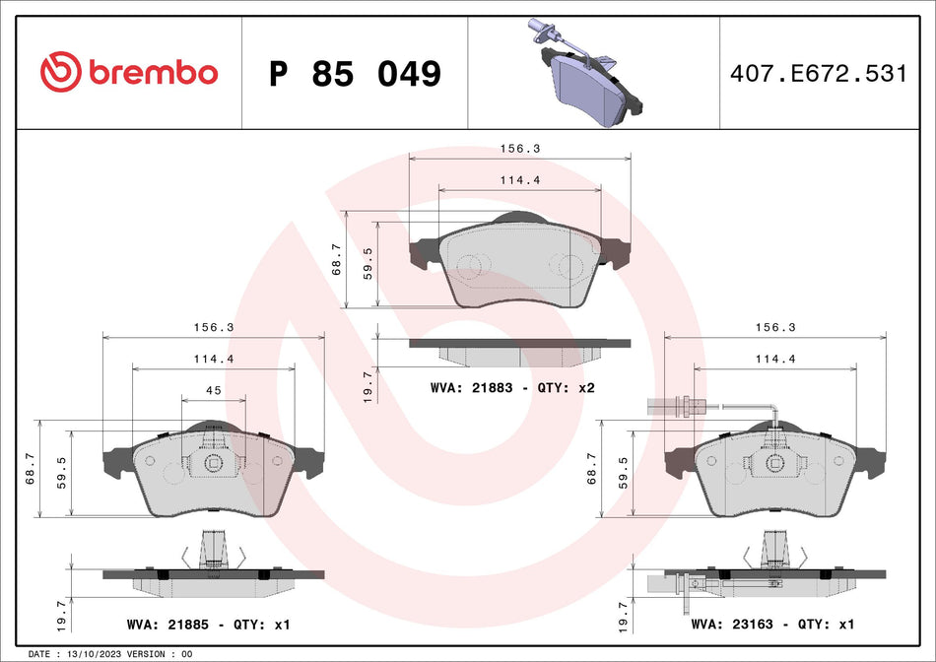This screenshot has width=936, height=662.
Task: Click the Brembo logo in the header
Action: [x=129, y=72]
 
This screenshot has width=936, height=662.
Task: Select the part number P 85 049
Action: [x=355, y=74]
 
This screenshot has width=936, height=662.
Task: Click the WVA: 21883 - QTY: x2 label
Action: [x=512, y=388]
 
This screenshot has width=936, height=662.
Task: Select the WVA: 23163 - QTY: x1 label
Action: [x=771, y=625]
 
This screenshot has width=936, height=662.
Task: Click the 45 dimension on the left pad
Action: [x=213, y=390]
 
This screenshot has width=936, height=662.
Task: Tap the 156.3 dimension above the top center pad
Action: [x=519, y=149]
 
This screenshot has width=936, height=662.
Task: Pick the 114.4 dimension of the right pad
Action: [x=774, y=360]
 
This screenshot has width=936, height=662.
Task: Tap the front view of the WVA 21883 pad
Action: [x=519, y=264]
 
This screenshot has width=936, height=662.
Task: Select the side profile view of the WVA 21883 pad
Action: [x=519, y=350]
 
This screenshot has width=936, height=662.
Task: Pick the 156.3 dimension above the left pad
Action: [x=213, y=327]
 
